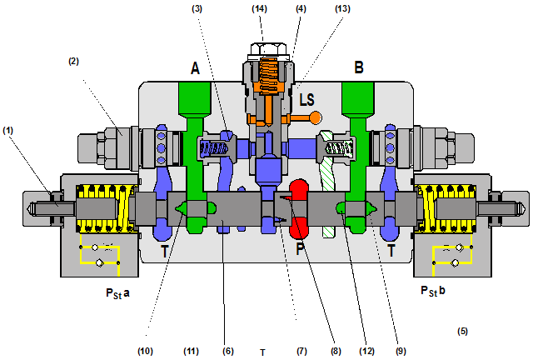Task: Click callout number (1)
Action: pos(8,130)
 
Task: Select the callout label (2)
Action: pos(74,61)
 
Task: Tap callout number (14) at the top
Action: pos(261,7)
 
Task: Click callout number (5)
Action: pos(462,331)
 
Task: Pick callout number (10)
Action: pos(145,352)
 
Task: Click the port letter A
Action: pos(195,68)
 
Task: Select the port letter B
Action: pos(359,68)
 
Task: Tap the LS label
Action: pos(307,99)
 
